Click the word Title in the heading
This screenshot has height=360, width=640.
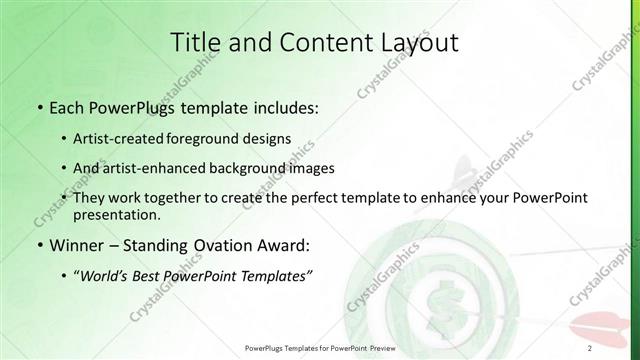click(195, 43)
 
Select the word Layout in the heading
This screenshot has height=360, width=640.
click(413, 43)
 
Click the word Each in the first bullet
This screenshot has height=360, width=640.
click(65, 106)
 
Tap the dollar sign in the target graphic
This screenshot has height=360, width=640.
click(437, 301)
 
